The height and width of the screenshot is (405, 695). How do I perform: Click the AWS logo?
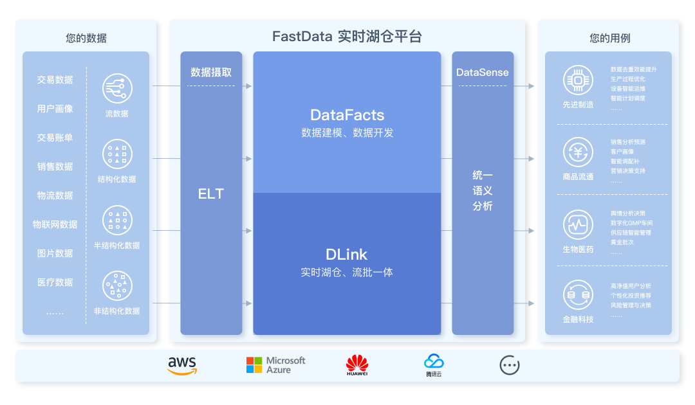(x=182, y=365)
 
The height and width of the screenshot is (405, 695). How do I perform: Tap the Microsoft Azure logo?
(x=275, y=365)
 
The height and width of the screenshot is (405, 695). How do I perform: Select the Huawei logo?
(x=357, y=364)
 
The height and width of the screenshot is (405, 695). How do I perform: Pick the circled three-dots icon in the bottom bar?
(x=510, y=365)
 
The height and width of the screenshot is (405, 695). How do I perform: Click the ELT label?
(x=211, y=194)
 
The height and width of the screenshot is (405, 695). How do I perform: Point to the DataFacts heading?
(x=347, y=115)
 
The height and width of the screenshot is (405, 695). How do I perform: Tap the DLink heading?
(x=347, y=254)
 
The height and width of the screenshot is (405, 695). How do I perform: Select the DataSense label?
(x=483, y=73)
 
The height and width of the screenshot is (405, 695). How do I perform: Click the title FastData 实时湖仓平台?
(x=347, y=36)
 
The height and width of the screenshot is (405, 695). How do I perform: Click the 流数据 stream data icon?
(x=117, y=88)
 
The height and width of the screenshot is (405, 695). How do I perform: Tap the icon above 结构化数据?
(x=117, y=154)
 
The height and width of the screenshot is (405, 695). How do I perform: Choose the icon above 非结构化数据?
(x=117, y=286)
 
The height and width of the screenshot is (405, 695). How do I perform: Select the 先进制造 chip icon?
(x=578, y=80)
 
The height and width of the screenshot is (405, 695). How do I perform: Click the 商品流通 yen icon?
(x=578, y=152)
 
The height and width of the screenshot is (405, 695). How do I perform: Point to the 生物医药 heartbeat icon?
(x=578, y=225)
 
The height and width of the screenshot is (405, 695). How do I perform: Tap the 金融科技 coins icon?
(x=578, y=295)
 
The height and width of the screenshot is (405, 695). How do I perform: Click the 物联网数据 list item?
(x=55, y=224)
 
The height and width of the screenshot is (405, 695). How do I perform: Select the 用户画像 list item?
(x=55, y=109)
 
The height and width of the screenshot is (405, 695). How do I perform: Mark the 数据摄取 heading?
(x=211, y=73)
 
